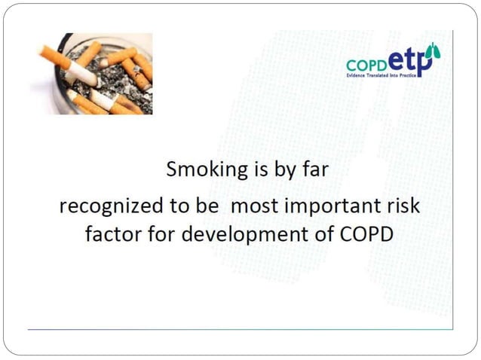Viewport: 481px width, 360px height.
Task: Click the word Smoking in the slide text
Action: coord(199,169)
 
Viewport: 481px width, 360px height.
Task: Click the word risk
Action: coord(401,206)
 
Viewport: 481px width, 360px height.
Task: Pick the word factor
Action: coord(109,233)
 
